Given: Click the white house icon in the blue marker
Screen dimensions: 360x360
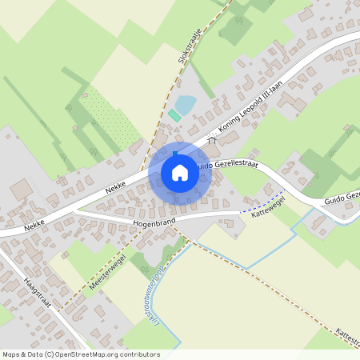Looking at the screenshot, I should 180,173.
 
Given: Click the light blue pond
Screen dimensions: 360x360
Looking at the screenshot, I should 185,104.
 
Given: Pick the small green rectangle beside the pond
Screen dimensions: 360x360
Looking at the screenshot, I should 174,116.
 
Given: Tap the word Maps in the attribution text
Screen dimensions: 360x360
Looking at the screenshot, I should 12,354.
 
